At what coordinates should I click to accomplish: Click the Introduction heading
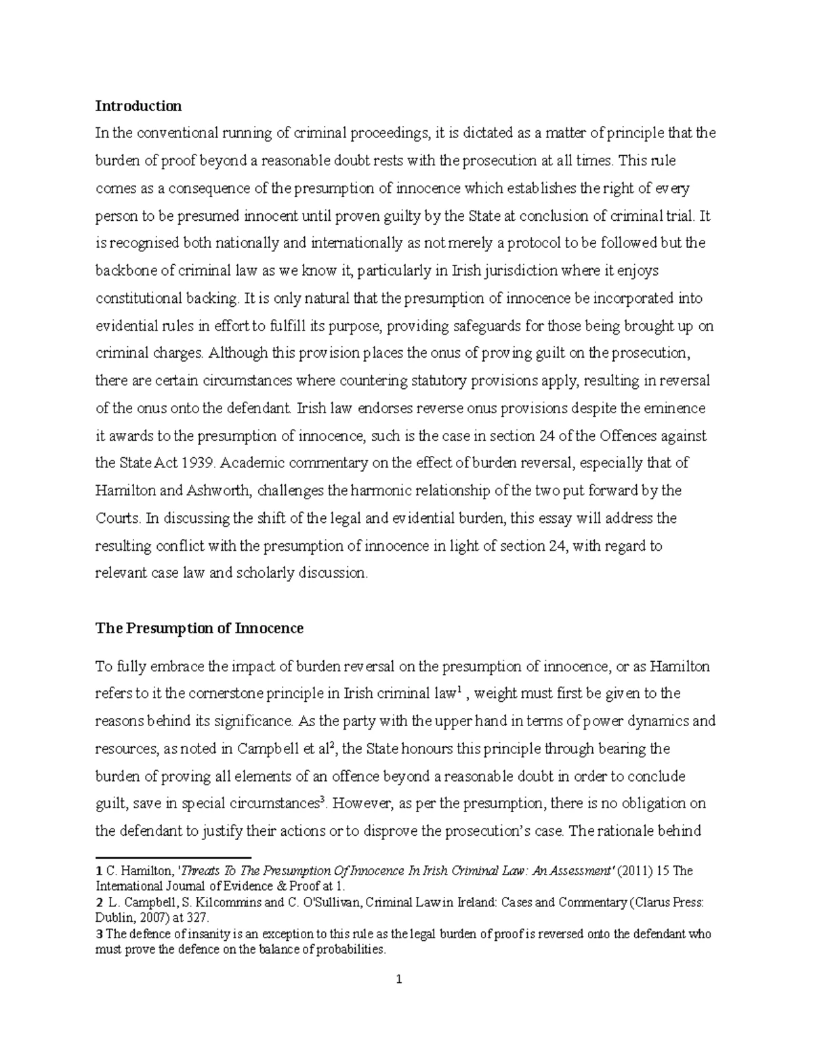138,106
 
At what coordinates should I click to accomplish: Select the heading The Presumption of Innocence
199,628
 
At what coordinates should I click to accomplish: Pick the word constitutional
134,298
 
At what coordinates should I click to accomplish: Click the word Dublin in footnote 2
112,918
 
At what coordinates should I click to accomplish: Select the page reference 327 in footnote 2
201,918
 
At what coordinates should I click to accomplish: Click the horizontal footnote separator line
173,857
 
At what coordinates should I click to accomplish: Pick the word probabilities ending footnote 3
352,949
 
